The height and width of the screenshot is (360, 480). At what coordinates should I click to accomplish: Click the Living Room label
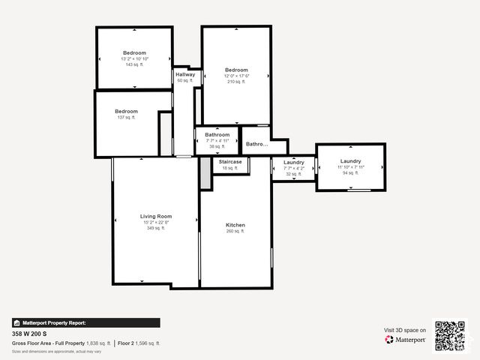click(x=156, y=216)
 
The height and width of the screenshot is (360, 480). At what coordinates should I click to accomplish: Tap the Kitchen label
click(x=235, y=225)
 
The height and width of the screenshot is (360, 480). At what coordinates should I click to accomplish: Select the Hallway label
click(x=185, y=74)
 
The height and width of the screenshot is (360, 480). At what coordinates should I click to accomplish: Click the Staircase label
click(x=230, y=162)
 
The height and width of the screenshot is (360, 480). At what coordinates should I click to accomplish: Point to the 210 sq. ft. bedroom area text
click(x=236, y=82)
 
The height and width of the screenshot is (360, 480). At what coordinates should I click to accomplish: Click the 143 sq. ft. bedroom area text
click(x=135, y=64)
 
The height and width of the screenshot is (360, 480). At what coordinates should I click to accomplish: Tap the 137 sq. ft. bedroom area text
click(x=126, y=118)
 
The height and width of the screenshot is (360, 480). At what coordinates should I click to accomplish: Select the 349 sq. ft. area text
click(x=156, y=228)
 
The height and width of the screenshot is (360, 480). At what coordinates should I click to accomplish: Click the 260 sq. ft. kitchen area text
click(x=235, y=232)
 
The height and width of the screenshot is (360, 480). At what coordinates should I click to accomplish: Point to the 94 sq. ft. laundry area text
click(x=351, y=173)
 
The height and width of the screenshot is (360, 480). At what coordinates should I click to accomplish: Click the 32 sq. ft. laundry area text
click(x=294, y=174)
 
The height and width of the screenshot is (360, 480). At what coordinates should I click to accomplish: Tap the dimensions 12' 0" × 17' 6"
click(x=236, y=76)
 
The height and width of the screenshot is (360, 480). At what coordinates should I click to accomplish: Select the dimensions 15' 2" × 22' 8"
click(x=156, y=222)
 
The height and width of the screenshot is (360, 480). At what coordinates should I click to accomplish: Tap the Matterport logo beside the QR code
click(x=406, y=339)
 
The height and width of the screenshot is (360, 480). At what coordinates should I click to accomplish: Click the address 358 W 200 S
click(x=29, y=333)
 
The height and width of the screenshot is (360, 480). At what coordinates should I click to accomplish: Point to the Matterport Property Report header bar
click(x=85, y=322)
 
